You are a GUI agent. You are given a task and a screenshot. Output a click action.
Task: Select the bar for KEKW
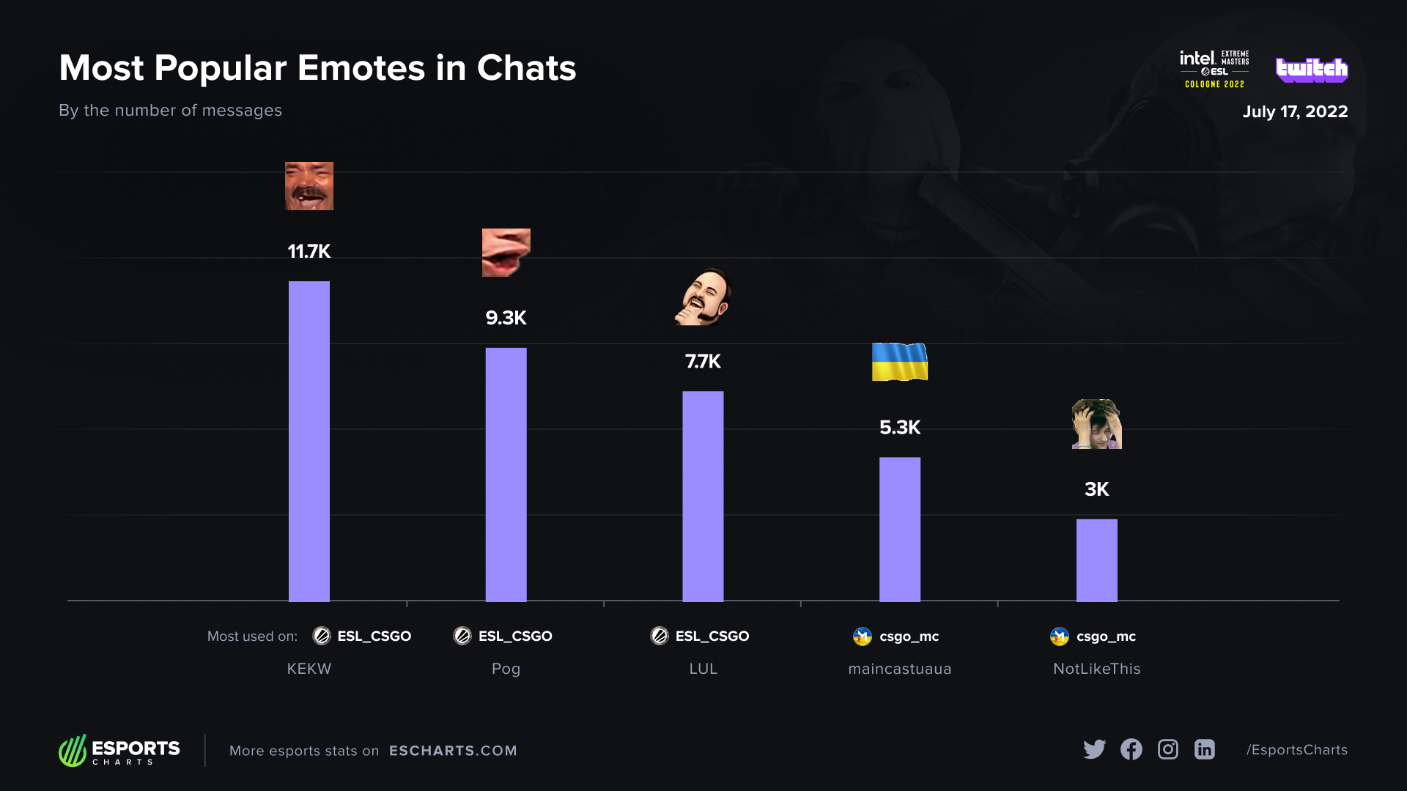(309, 441)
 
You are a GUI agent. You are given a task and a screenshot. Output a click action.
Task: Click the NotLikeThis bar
(1096, 560)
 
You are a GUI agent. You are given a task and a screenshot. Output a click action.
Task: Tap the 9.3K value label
(506, 318)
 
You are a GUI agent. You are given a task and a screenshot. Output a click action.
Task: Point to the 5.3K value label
(899, 427)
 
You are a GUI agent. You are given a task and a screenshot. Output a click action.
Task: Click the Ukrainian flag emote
(899, 362)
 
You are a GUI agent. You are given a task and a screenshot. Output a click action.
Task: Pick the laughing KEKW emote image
(309, 186)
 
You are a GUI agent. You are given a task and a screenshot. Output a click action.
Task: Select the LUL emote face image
(703, 297)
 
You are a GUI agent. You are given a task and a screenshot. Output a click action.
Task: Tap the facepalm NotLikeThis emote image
(1096, 424)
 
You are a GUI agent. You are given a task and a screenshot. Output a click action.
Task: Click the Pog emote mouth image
(506, 252)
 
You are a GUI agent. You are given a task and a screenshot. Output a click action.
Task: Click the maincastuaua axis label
(899, 669)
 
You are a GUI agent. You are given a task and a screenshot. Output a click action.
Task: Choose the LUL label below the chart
(703, 669)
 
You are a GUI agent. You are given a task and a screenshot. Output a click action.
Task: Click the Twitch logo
(1311, 69)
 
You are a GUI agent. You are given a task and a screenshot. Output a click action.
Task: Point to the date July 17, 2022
(1295, 111)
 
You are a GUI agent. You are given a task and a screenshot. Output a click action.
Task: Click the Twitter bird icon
(1094, 749)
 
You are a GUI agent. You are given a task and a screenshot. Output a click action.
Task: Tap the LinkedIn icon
(1204, 749)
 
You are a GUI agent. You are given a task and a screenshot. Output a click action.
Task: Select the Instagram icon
(1167, 749)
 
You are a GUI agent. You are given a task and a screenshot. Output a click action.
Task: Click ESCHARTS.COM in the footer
(453, 751)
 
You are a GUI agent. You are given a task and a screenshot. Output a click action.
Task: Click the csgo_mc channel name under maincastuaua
(909, 636)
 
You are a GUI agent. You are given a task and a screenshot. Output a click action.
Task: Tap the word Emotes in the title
(361, 68)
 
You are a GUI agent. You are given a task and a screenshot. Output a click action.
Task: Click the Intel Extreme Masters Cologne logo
(1214, 69)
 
